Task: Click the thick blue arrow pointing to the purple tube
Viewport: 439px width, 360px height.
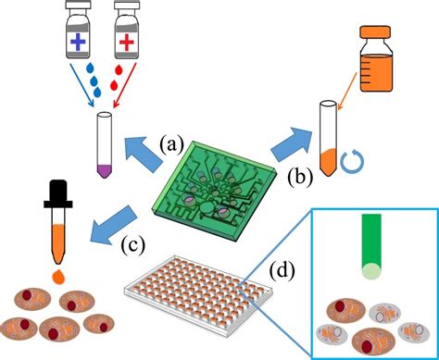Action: tap(148, 147)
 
